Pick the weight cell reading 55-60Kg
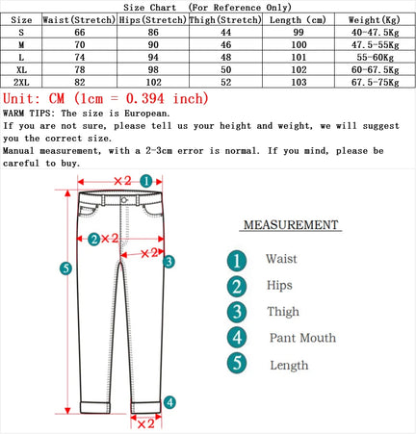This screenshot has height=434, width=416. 376,58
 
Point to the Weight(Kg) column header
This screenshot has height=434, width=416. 376,19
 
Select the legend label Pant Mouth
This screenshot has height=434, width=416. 303,338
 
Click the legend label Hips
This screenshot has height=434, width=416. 279,286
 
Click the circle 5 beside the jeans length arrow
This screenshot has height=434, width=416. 65,268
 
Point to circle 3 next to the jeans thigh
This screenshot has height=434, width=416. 168,261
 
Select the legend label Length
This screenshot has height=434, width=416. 288,365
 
